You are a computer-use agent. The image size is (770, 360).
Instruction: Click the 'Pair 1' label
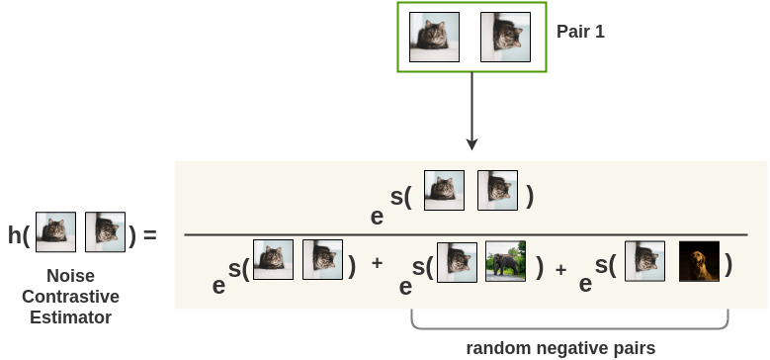coord(580,32)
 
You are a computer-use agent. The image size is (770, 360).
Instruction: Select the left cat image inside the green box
coord(434,38)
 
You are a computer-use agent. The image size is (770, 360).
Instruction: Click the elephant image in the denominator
coord(505,262)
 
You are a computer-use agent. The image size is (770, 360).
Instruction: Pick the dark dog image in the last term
coord(699,262)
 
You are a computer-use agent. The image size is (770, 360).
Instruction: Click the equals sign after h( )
coord(149,235)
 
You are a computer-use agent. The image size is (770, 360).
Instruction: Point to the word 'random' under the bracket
coord(497,347)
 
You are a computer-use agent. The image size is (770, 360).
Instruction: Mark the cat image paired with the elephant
coord(457,262)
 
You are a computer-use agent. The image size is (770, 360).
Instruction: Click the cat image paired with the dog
coord(644,262)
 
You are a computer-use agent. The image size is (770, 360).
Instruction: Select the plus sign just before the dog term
coord(560,268)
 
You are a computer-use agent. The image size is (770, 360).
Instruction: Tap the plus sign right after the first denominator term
coord(377,265)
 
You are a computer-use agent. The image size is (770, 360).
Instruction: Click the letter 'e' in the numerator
coord(377,217)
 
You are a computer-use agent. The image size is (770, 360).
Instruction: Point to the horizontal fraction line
coord(465,234)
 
